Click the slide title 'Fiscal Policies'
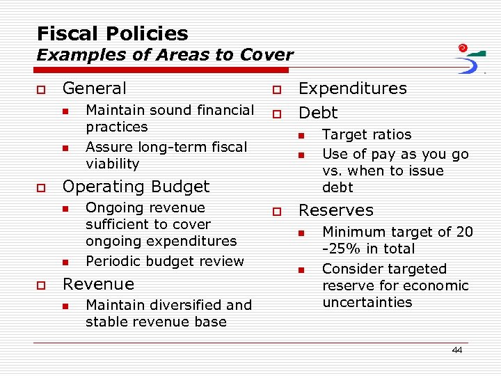112,33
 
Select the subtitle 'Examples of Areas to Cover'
165,54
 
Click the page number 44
456,350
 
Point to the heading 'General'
95,88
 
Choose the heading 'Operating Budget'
136,187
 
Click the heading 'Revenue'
98,284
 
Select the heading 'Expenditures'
352,88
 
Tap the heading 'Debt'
317,113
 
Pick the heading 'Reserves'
335,210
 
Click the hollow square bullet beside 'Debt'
276,113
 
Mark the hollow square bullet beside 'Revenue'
40,285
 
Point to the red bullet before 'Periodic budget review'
65,262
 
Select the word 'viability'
112,164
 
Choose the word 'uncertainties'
367,302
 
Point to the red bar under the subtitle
163,70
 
